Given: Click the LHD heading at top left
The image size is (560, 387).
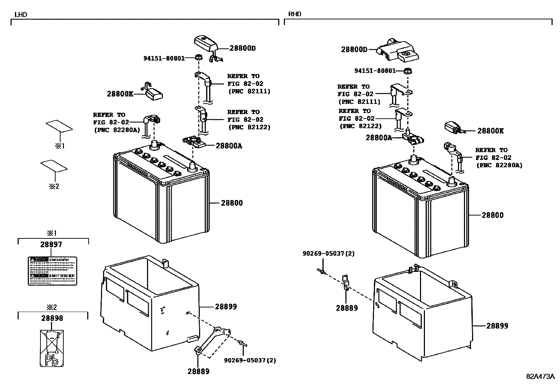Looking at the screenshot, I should (x=20, y=15).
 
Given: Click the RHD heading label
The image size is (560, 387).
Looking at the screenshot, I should (x=294, y=14).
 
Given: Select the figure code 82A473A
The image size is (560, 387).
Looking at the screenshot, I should (x=540, y=376).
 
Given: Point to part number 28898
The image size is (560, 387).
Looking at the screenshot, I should (x=52, y=318).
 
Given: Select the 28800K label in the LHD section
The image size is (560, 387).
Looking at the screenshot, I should (x=120, y=94).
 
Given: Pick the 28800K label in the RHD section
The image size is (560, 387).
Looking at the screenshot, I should (x=490, y=131).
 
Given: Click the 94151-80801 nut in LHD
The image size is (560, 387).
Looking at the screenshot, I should (x=198, y=57).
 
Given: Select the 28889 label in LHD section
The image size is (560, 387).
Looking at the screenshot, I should (x=198, y=372).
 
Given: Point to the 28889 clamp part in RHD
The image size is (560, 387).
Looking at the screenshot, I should (x=345, y=283).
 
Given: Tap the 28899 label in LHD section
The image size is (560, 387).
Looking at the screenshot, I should (x=226, y=307).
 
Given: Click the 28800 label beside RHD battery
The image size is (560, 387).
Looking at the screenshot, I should (x=492, y=215).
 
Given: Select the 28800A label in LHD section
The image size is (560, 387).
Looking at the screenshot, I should (x=229, y=146).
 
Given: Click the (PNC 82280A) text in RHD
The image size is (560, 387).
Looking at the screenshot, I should (x=499, y=165).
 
